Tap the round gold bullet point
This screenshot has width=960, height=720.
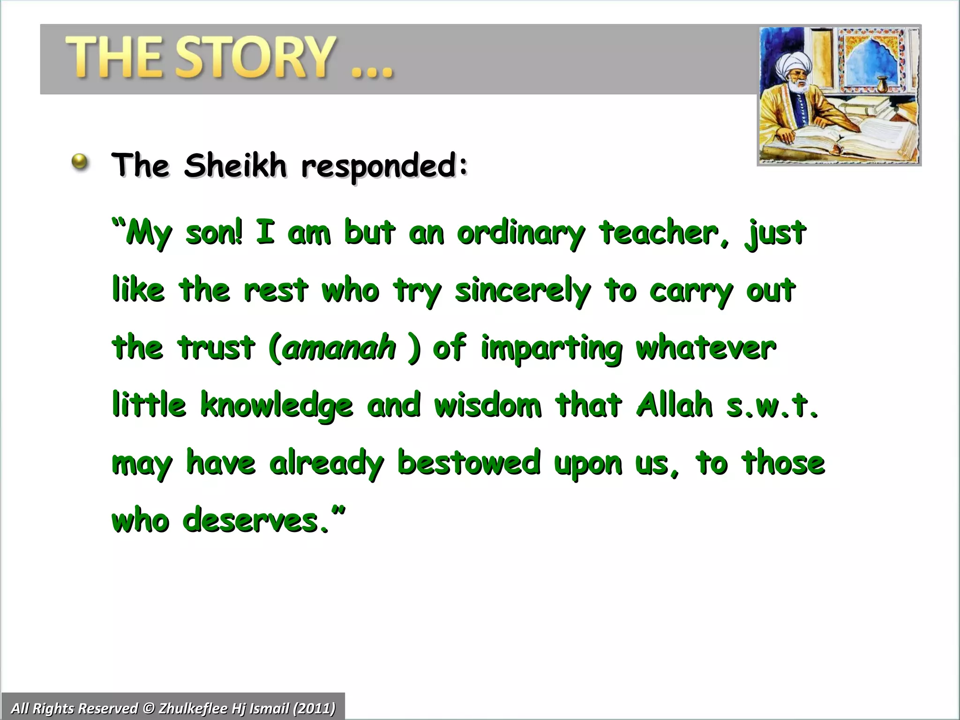point(81,162)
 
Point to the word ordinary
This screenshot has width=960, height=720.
point(521,233)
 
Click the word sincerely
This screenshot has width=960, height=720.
point(522,291)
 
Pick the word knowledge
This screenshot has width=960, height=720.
point(277,406)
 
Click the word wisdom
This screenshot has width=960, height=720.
point(487,405)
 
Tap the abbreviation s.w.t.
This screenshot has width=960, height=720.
point(772,406)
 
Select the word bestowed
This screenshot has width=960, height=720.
point(468,463)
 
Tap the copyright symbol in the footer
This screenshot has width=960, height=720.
point(148,708)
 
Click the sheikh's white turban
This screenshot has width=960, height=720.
point(792,63)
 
